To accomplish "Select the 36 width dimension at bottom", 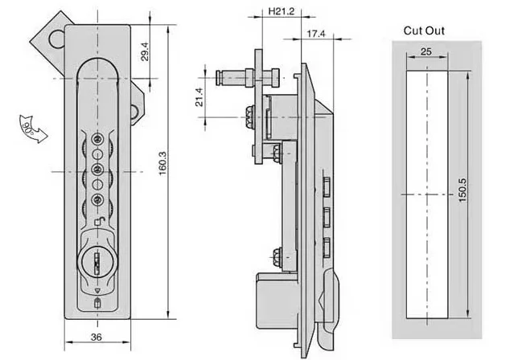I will coord(96,337).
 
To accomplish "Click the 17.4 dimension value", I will coord(315,33).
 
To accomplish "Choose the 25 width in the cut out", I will coord(426,51).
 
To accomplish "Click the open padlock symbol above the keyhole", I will coord(97,224).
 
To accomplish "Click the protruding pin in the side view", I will coord(233,80).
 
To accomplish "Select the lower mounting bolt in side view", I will coord(277,256).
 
